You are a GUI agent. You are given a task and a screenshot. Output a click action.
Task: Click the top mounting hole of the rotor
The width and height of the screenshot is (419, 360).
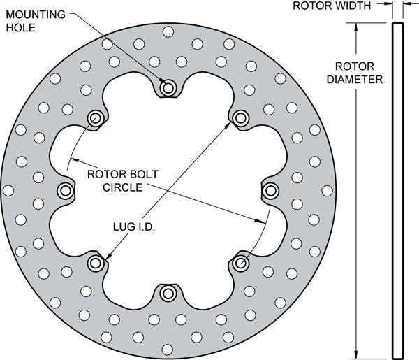point(168,88)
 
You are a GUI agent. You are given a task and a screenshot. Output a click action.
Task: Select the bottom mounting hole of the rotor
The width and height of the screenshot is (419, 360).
point(168,293)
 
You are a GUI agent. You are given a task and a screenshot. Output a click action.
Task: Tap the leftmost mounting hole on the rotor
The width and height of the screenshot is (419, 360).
point(66,190)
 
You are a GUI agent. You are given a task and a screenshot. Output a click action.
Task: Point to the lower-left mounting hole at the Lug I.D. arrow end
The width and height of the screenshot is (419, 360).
point(95,263)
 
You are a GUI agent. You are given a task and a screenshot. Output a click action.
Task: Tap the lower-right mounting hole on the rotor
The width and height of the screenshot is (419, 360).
point(240,263)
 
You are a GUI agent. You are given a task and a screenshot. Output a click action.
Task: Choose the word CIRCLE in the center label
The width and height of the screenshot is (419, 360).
point(123,187)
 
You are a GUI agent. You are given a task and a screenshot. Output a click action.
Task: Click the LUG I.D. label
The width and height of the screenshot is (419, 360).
point(133,226)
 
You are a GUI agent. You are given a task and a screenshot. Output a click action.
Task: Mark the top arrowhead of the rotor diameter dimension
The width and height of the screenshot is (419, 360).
point(358,27)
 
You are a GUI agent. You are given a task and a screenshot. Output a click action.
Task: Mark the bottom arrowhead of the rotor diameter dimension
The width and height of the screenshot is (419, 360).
point(358,353)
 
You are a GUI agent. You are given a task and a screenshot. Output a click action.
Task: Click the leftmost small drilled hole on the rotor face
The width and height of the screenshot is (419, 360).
point(8,190)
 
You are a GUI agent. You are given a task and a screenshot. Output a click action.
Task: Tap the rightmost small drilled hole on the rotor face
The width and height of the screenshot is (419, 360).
point(327,190)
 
